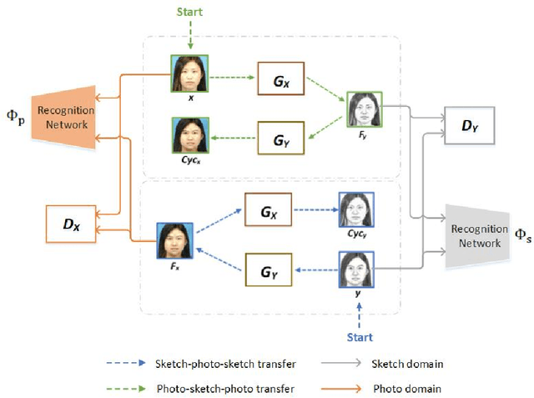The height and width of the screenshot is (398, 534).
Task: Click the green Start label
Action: [190, 13]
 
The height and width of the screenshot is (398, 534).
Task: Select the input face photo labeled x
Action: [190, 73]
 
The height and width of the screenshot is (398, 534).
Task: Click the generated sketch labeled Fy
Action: [363, 108]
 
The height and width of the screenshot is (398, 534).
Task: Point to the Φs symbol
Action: [521, 237]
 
